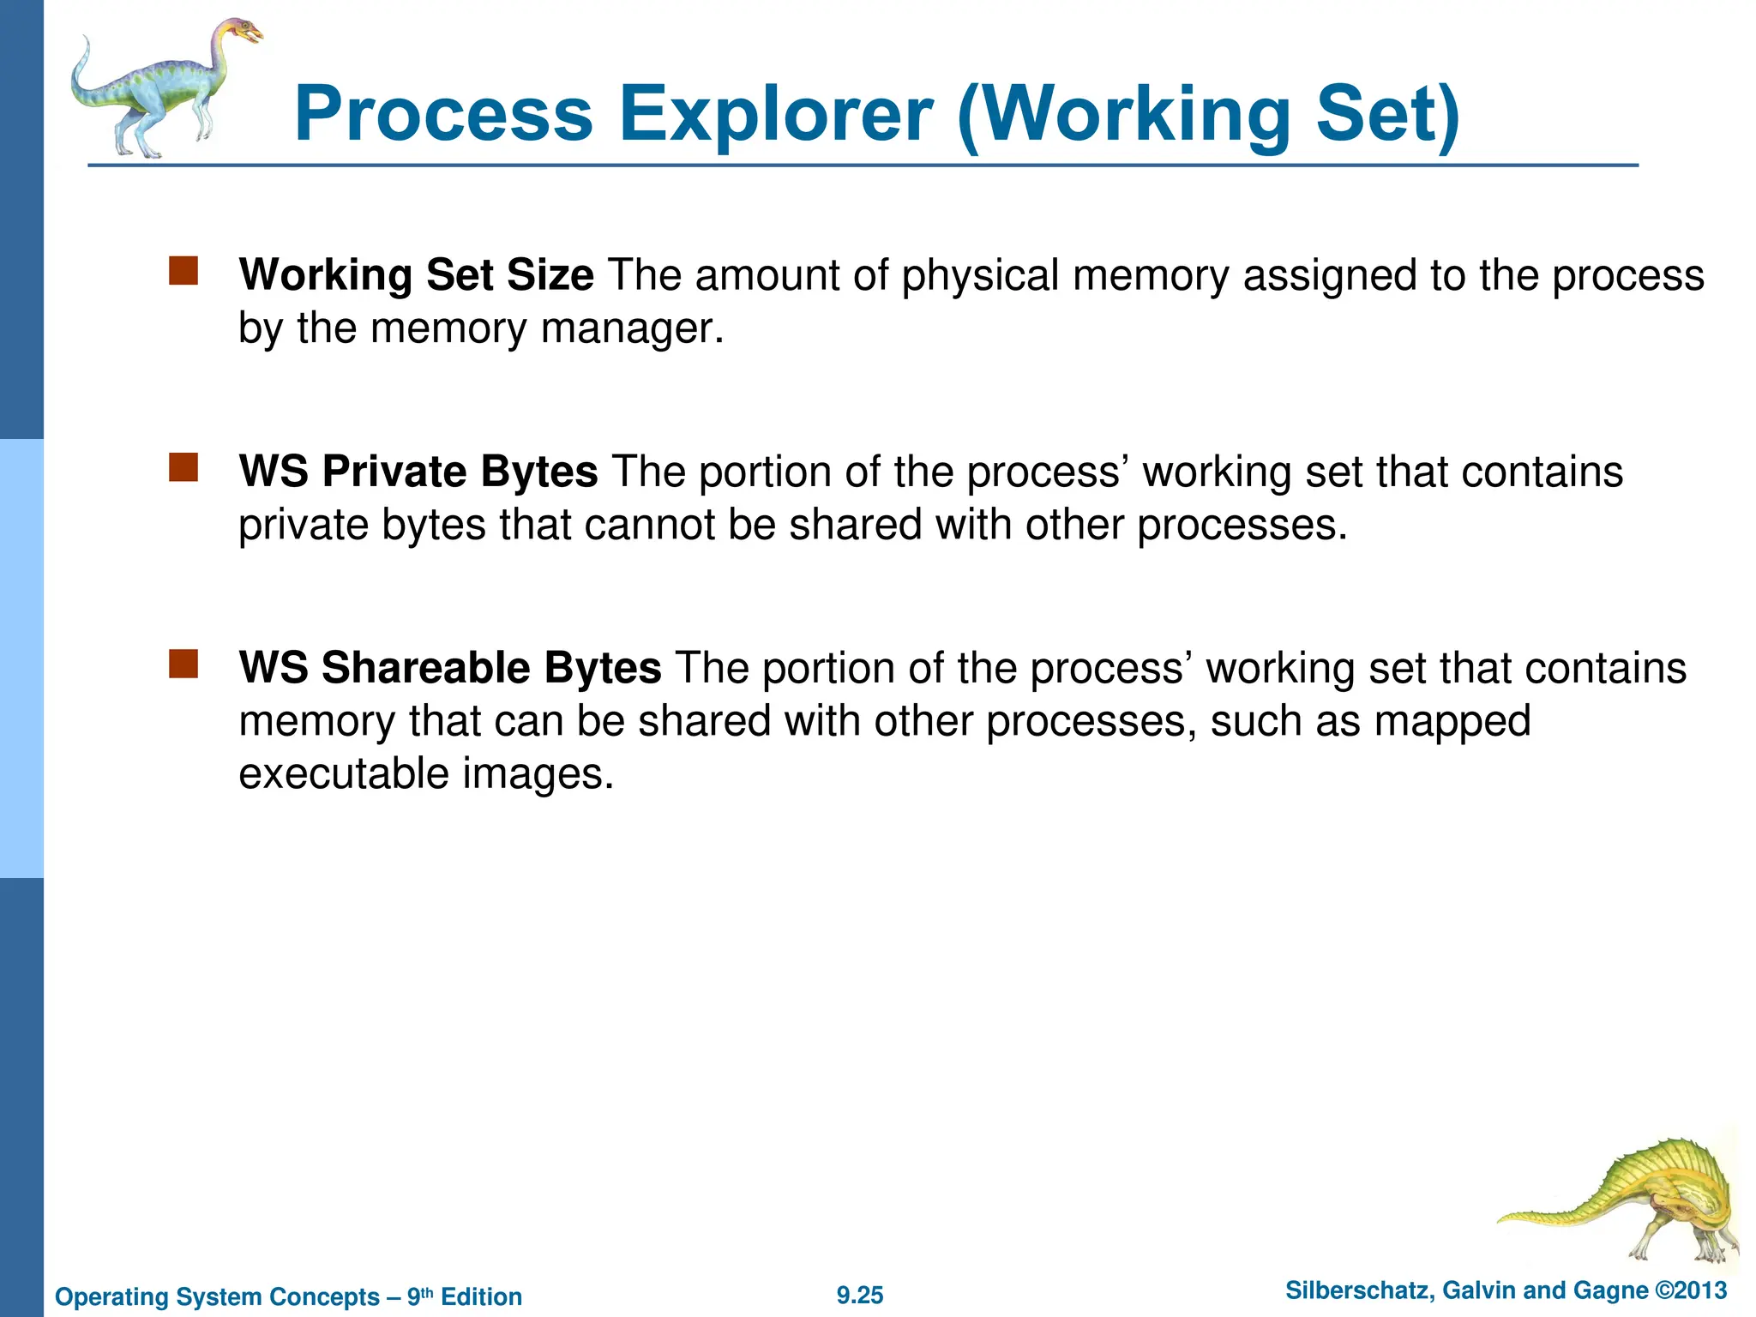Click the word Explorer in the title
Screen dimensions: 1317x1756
775,114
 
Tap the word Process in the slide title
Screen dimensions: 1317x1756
443,114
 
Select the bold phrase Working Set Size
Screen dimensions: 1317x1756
416,275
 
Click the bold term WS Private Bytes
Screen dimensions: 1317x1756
418,472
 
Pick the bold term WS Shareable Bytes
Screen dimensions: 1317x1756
450,668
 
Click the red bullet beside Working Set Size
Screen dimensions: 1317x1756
183,271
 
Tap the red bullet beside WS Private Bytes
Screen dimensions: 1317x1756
183,467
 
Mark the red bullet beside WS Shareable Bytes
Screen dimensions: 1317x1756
183,664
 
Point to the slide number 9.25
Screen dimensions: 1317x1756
860,1296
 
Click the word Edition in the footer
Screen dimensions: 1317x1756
481,1297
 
